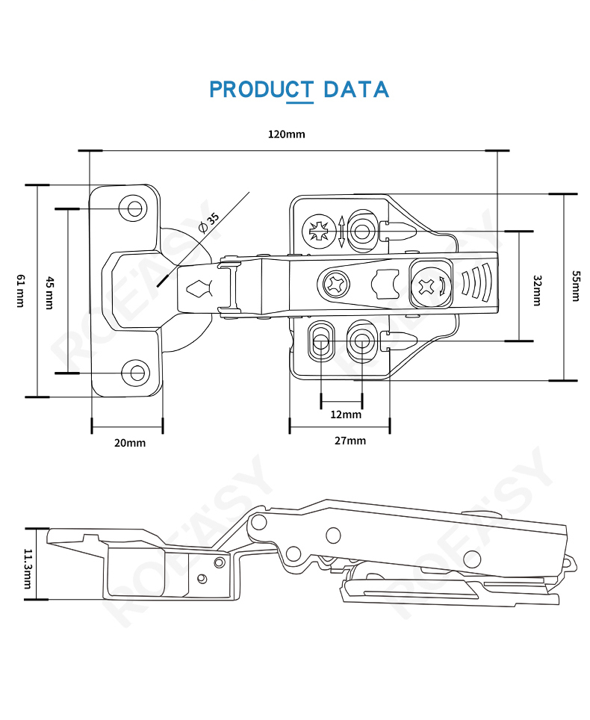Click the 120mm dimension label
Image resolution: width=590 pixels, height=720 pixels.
287,134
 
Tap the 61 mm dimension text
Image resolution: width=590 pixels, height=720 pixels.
21,291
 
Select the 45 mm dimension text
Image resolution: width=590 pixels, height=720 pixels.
49,293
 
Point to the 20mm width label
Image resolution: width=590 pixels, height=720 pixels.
130,443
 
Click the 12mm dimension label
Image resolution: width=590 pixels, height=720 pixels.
346,415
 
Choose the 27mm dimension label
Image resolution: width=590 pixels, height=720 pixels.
350,441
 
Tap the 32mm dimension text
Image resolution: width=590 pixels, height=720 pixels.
537,291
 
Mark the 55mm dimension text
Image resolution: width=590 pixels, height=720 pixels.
575,286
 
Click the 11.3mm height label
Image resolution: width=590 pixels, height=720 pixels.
28,568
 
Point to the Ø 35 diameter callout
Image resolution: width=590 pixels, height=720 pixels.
209,223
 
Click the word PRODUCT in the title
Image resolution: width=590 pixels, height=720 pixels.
261,90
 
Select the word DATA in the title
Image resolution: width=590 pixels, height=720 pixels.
356,90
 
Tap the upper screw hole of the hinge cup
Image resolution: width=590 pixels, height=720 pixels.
134,208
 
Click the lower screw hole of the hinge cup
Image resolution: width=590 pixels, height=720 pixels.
137,373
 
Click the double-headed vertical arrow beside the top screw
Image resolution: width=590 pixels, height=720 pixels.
341,232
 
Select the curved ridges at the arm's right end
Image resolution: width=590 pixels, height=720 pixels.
476,282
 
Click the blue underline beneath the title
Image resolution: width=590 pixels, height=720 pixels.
299,102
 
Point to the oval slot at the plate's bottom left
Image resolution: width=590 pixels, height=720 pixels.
321,341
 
